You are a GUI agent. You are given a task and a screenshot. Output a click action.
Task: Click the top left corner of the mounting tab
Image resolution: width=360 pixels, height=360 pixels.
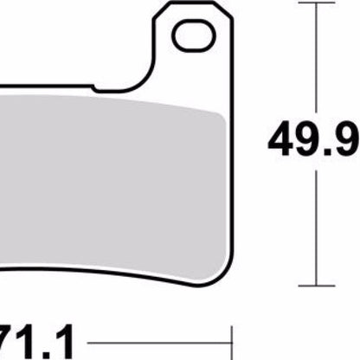click(x=157, y=6)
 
